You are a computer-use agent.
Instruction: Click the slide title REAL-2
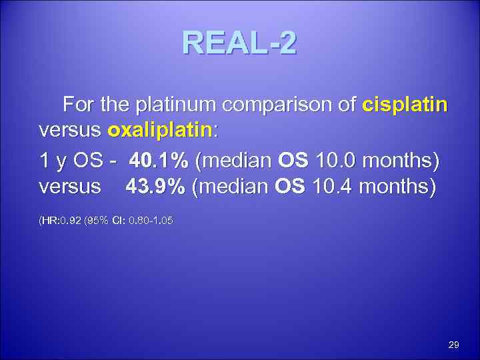[x=239, y=45]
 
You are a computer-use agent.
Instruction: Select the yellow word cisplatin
[x=405, y=106]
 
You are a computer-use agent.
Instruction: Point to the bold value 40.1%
[x=158, y=161]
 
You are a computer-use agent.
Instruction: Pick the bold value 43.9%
[x=155, y=188]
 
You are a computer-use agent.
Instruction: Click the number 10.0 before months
[x=333, y=161]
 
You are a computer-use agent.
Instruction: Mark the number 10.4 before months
[x=331, y=188]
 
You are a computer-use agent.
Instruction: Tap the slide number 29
[x=454, y=345]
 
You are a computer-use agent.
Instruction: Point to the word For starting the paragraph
[x=77, y=106]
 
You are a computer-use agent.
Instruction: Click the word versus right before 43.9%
[x=69, y=188]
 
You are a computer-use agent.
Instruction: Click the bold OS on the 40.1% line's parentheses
[x=291, y=161]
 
